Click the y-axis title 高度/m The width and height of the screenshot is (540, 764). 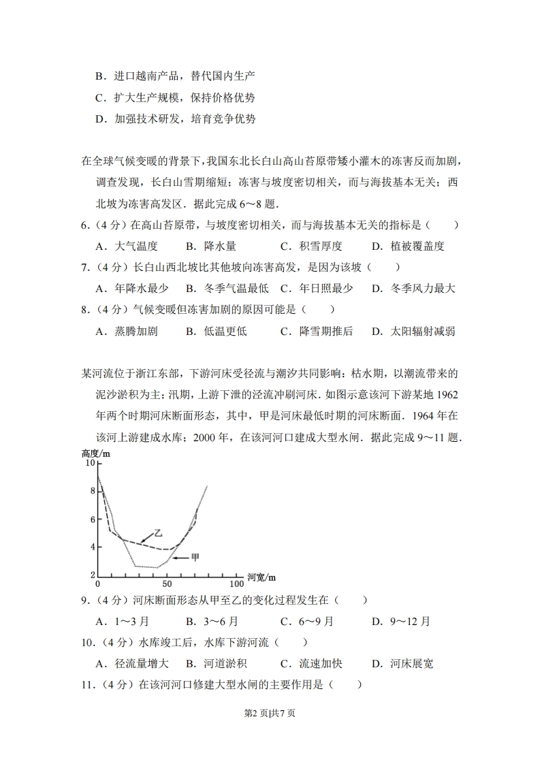pyautogui.click(x=95, y=453)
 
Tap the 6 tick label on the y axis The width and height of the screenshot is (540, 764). pyautogui.click(x=93, y=520)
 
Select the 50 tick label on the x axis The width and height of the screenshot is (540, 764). pyautogui.click(x=166, y=584)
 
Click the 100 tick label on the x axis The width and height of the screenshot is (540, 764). pyautogui.click(x=236, y=584)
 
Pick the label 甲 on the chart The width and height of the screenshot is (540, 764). pyautogui.click(x=195, y=558)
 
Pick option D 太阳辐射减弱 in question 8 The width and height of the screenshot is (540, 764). pyautogui.click(x=413, y=332)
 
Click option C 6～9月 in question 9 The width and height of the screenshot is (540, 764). pyautogui.click(x=307, y=621)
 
